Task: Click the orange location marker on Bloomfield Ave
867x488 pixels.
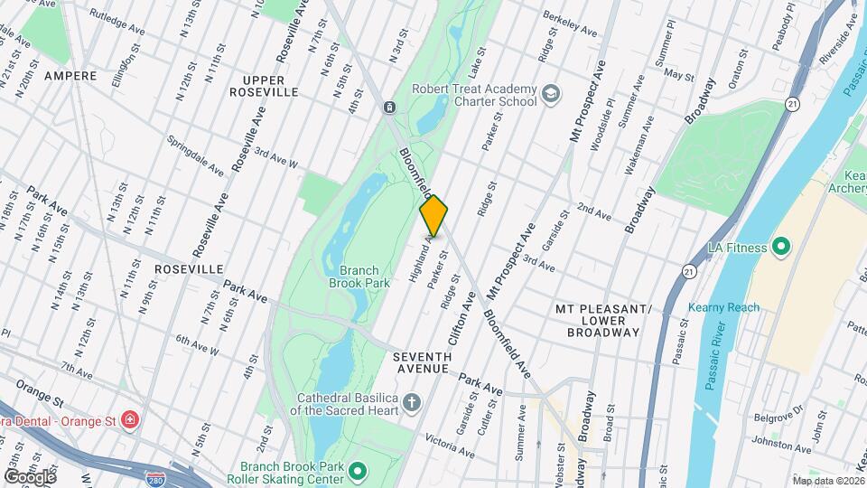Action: [433, 215]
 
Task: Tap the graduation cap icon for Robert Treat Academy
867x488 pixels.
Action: [549, 94]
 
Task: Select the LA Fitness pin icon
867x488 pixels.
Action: [781, 247]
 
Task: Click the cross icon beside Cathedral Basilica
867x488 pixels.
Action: [412, 402]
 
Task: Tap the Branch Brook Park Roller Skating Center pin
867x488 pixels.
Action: [359, 471]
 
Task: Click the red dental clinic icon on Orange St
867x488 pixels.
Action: [131, 420]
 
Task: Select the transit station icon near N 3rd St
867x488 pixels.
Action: [388, 108]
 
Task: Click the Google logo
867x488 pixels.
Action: [30, 476]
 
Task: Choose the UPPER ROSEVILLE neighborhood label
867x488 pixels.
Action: [263, 86]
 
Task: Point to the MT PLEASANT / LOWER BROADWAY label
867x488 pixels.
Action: [604, 320]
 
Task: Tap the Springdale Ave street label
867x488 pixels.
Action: [195, 155]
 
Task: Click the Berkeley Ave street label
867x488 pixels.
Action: [570, 25]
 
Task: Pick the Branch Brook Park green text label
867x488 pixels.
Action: [365, 277]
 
